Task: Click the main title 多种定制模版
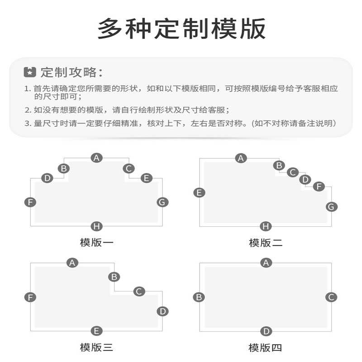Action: (x=181, y=29)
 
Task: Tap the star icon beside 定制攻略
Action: (x=30, y=72)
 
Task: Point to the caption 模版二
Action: (x=266, y=243)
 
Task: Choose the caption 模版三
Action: (x=96, y=348)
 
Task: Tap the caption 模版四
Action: (x=266, y=348)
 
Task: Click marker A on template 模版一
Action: (x=96, y=157)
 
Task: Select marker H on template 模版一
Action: (x=96, y=226)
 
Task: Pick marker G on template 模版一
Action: (x=162, y=202)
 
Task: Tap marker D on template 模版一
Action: (x=47, y=178)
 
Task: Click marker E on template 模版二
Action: (x=199, y=193)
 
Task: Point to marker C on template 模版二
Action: (x=293, y=172)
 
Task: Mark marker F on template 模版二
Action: (x=319, y=186)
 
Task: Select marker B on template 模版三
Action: (x=114, y=276)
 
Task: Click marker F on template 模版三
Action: (x=30, y=297)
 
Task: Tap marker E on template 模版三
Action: (x=96, y=331)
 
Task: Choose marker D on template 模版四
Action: (x=266, y=332)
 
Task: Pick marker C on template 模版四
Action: (x=331, y=297)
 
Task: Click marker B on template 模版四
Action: (x=199, y=297)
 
